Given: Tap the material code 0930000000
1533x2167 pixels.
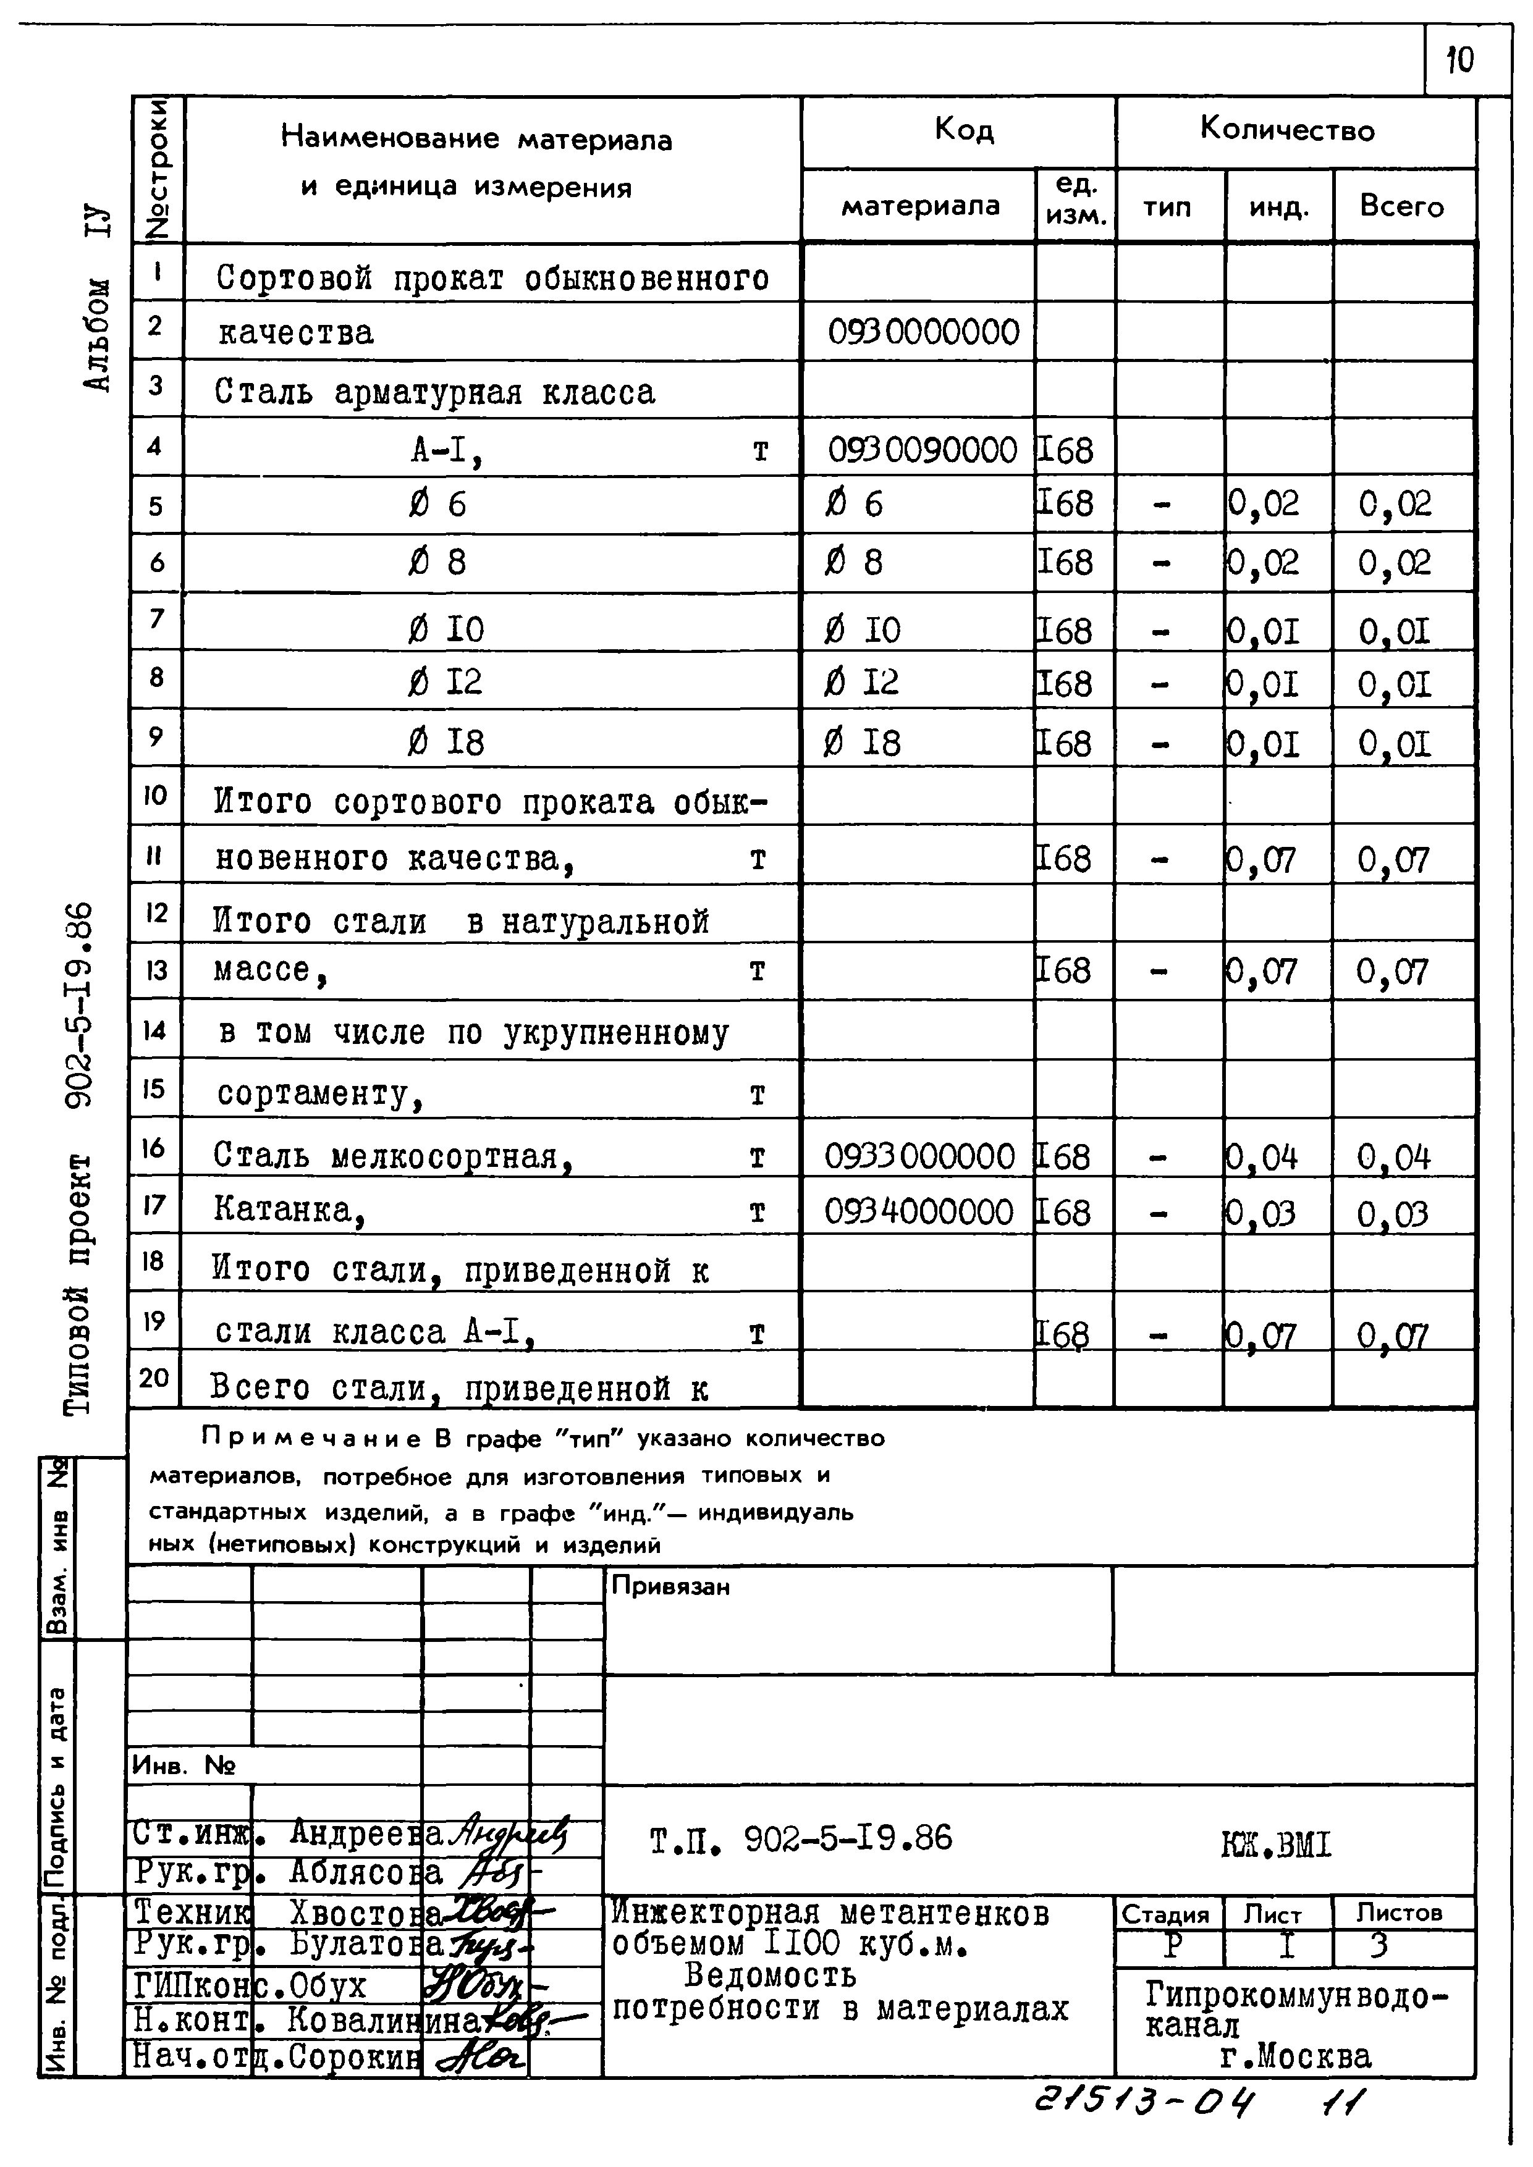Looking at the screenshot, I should tap(923, 332).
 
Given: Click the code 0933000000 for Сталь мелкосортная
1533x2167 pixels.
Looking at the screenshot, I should tap(919, 1156).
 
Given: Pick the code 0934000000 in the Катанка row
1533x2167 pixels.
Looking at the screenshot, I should tap(918, 1212).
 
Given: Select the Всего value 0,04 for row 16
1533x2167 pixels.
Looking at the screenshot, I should tap(1393, 1157).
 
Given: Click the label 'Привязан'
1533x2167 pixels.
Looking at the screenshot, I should tap(670, 1586).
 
